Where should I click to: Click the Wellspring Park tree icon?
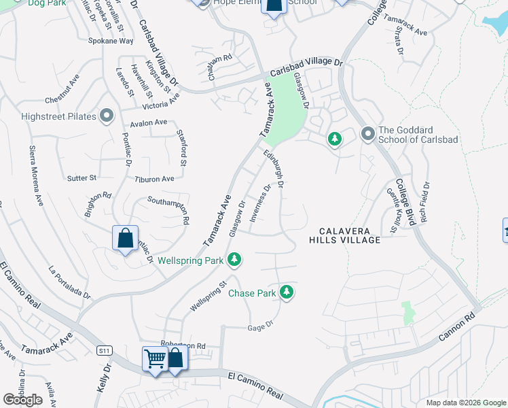(234, 260)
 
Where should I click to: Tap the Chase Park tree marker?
(287, 292)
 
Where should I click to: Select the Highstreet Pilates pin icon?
(107, 116)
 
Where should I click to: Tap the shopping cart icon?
(155, 358)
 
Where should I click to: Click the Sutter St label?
(82, 178)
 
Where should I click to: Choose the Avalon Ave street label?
(148, 122)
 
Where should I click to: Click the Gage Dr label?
(260, 324)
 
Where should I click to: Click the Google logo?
(23, 400)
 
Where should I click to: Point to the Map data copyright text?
(465, 402)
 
